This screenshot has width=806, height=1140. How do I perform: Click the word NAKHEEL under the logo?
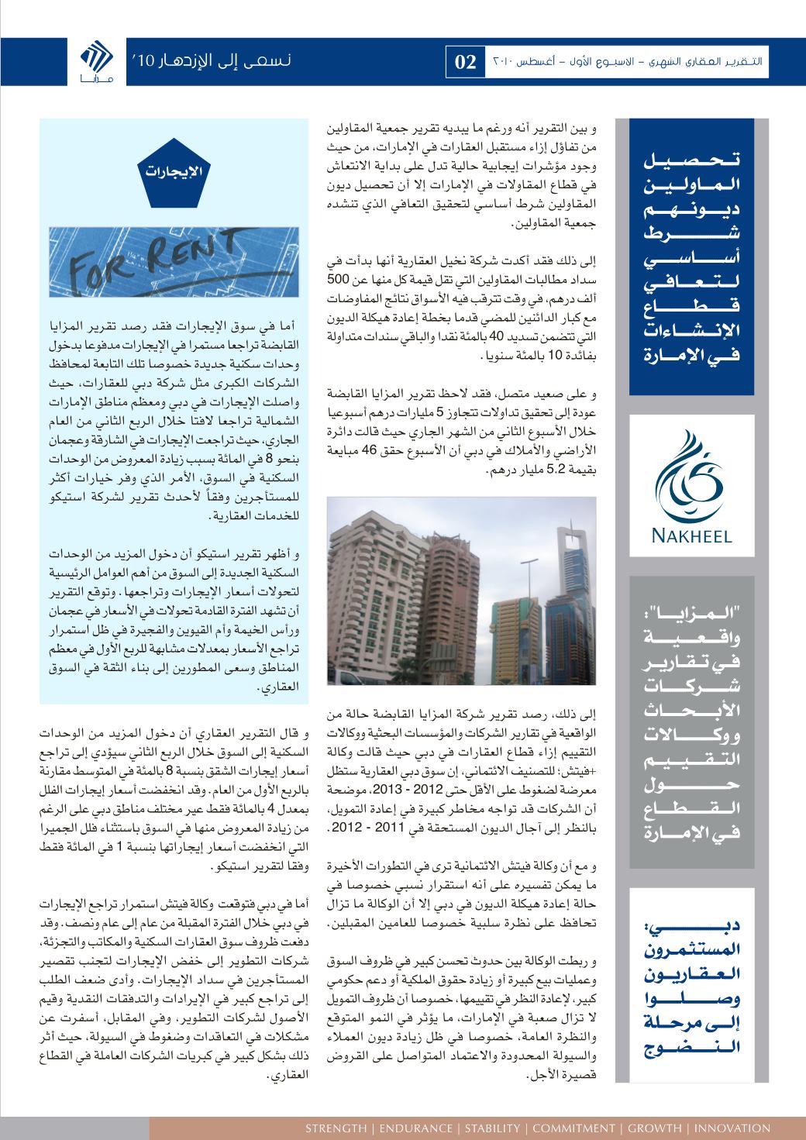click(x=692, y=535)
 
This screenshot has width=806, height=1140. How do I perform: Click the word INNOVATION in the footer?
click(x=732, y=1128)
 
